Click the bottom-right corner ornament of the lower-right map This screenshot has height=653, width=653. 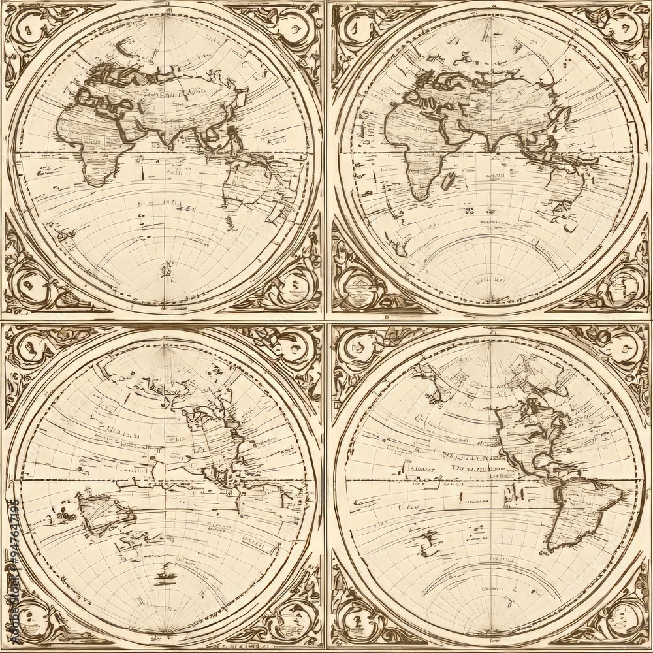coord(624,620)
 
